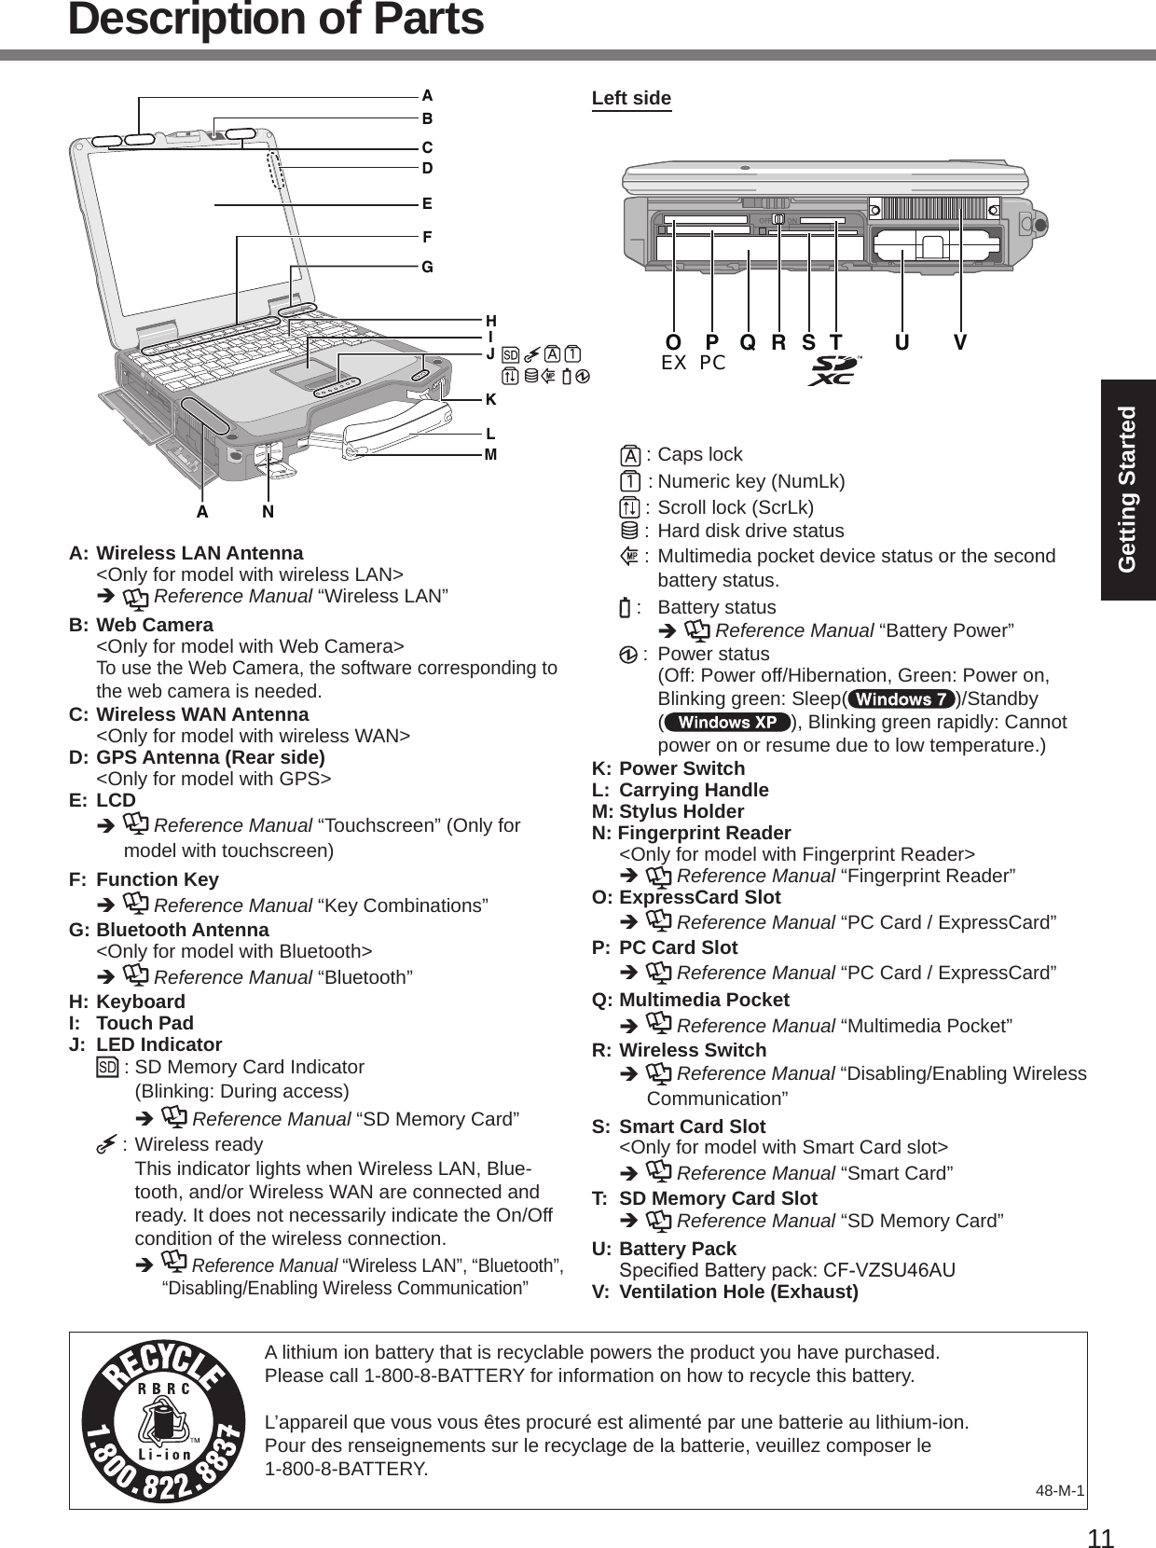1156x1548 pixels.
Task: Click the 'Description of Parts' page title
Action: [276, 21]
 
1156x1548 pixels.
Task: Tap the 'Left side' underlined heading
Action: [631, 98]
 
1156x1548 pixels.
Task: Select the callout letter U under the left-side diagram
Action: [901, 342]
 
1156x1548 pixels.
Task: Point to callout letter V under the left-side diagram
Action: [960, 342]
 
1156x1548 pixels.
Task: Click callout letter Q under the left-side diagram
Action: [748, 342]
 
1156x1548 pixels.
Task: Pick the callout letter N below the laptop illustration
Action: [268, 512]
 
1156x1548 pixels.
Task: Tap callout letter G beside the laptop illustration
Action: [427, 267]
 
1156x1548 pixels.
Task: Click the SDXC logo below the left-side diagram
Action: [834, 370]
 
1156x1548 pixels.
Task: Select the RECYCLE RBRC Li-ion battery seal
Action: [164, 1419]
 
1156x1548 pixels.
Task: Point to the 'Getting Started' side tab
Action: [1128, 489]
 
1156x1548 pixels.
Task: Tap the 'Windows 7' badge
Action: [901, 699]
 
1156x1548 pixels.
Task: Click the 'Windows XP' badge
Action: [726, 723]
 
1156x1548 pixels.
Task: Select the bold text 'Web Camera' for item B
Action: [155, 624]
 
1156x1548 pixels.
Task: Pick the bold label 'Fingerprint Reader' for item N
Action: [705, 832]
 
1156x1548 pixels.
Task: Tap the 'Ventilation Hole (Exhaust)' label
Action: [738, 1292]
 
